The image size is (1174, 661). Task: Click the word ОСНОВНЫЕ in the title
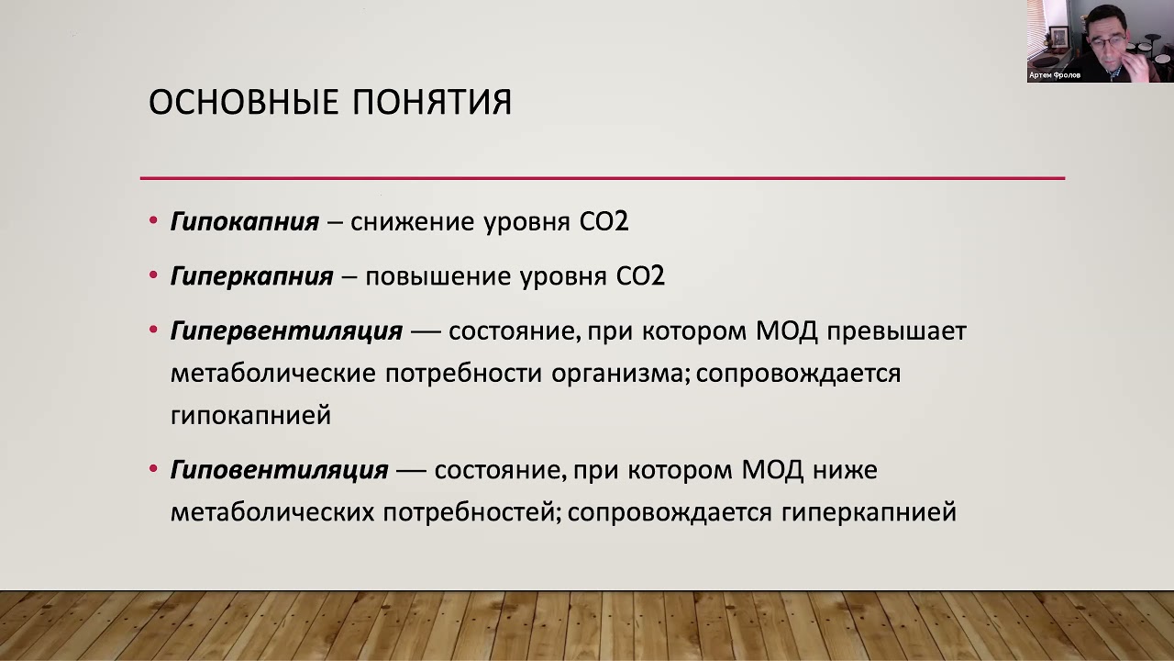pyautogui.click(x=244, y=102)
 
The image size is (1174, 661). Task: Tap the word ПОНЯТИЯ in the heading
pyautogui.click(x=432, y=102)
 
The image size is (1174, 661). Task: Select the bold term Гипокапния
pyautogui.click(x=245, y=222)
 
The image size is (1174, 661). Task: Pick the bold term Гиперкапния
pyautogui.click(x=252, y=276)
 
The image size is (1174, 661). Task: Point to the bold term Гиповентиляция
pyautogui.click(x=280, y=470)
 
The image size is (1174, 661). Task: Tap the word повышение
pyautogui.click(x=438, y=276)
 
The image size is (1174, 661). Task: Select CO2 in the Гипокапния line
pyautogui.click(x=604, y=222)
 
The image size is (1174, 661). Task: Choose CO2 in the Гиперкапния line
pyautogui.click(x=640, y=276)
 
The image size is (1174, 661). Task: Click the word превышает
pyautogui.click(x=897, y=332)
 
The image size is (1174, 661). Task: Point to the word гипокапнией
pyautogui.click(x=251, y=416)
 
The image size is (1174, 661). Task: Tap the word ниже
pyautogui.click(x=846, y=470)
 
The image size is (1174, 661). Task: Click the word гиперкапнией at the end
pyautogui.click(x=869, y=513)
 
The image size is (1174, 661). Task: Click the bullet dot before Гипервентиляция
pyautogui.click(x=153, y=330)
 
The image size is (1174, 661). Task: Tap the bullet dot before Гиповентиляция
pyautogui.click(x=153, y=468)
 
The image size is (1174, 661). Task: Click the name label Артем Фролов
pyautogui.click(x=1055, y=75)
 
